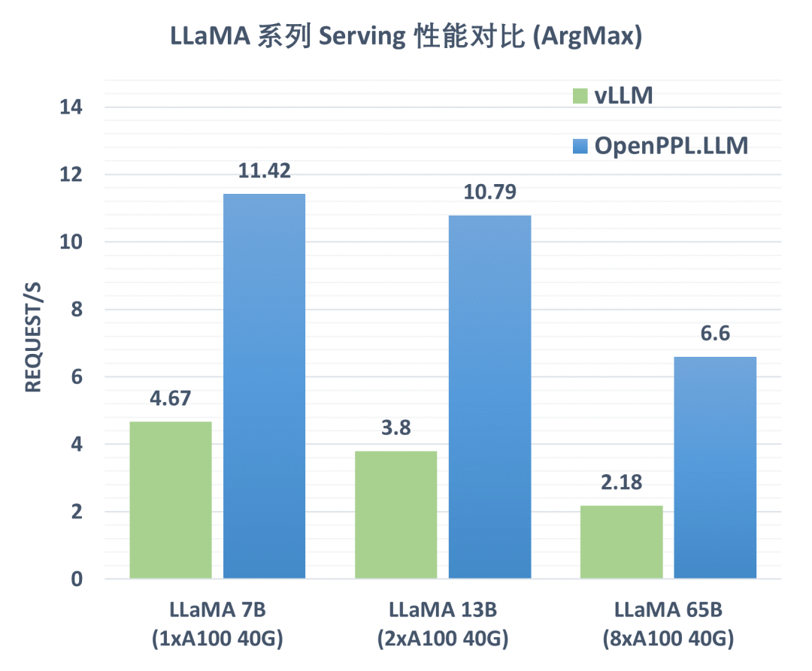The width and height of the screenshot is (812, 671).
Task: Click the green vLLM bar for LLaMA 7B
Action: click(171, 500)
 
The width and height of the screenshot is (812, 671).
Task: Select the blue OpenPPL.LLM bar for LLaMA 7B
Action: click(265, 386)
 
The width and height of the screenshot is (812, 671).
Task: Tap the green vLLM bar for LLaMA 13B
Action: click(396, 515)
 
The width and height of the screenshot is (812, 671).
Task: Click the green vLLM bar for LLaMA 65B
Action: click(622, 542)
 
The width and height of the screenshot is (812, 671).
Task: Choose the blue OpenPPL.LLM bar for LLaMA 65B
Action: click(715, 467)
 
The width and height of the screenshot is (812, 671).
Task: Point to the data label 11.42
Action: click(265, 171)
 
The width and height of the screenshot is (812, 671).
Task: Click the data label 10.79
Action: click(490, 192)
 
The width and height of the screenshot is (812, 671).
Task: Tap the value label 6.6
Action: click(715, 334)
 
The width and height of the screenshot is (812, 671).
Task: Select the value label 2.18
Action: click(622, 482)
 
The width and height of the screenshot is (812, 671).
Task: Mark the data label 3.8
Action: click(396, 428)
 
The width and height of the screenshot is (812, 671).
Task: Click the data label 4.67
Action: click(171, 398)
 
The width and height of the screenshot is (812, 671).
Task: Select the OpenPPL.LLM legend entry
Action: click(660, 146)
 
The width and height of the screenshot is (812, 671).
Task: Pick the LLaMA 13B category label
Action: click(443, 609)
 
